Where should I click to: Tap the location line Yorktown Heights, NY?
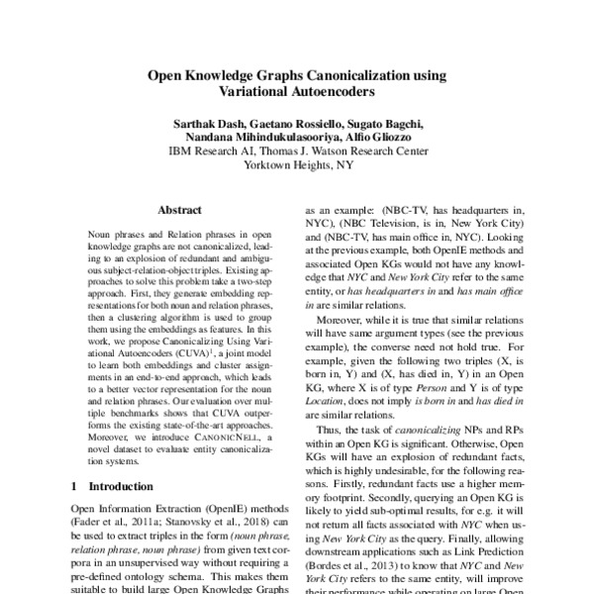coord(297,165)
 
